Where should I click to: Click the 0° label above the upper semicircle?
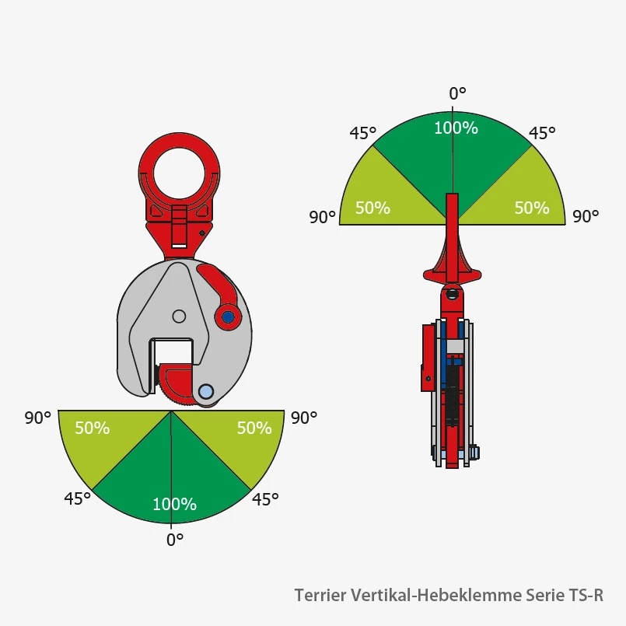(457, 93)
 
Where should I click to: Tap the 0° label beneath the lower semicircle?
(175, 540)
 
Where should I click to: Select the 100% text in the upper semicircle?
(456, 128)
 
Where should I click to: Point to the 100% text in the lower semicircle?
(174, 504)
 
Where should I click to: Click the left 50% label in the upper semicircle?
(372, 208)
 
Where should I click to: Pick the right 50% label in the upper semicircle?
(532, 208)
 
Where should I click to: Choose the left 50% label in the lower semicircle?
(93, 428)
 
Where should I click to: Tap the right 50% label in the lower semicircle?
(254, 428)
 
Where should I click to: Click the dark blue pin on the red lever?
(228, 317)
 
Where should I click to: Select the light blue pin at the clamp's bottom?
(206, 392)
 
